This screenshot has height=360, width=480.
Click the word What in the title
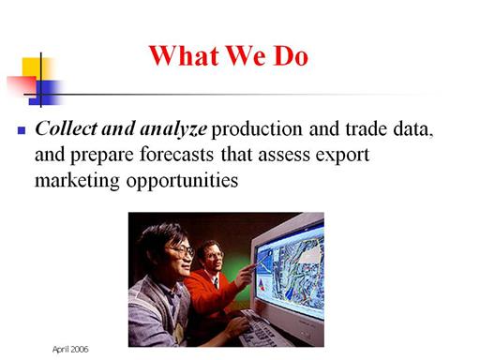(184, 56)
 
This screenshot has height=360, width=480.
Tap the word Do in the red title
(291, 56)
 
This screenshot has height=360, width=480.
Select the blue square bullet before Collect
(22, 130)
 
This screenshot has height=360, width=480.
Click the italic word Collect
(67, 128)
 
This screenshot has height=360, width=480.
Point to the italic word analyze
(173, 129)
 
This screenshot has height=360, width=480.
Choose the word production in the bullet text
(257, 129)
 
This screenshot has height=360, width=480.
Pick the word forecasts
(176, 154)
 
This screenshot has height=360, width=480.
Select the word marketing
(77, 181)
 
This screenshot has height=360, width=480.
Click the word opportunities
(182, 181)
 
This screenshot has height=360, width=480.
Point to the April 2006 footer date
(70, 349)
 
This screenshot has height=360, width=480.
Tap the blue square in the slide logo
(46, 93)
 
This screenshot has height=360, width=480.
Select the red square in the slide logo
(22, 85)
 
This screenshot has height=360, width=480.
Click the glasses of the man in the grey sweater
(182, 250)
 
